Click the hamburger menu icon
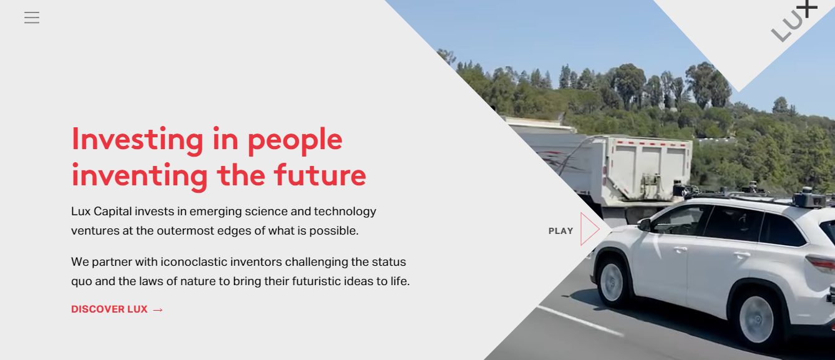pos(32,17)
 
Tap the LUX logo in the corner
pos(793,21)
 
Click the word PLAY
pos(560,231)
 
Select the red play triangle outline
pos(590,229)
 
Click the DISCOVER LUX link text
pos(109,309)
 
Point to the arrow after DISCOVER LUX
pos(158,309)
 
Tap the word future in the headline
pos(320,175)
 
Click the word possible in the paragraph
pos(334,231)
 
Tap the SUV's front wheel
pos(612,282)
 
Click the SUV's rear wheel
pos(757,319)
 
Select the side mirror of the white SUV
pos(644,225)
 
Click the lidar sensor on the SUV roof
pos(809,197)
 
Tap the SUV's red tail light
pos(821,263)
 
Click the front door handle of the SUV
pos(680,249)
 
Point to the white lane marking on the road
pos(580,321)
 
